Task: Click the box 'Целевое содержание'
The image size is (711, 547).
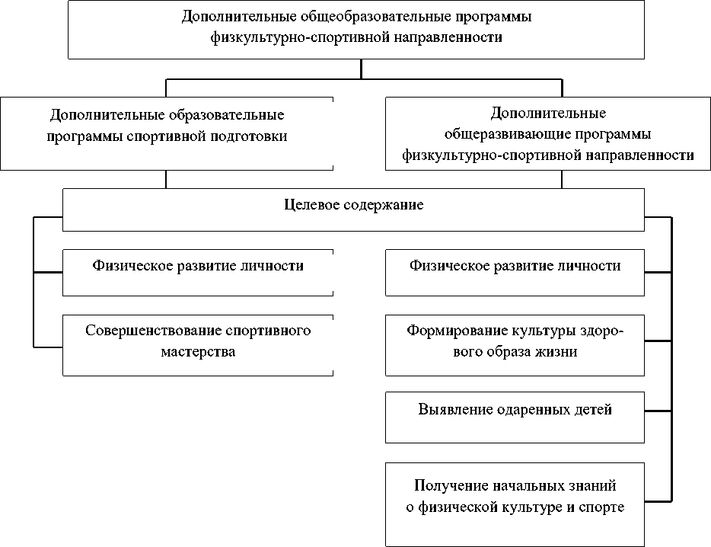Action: [x=353, y=210]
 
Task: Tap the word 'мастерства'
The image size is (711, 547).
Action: [x=198, y=352]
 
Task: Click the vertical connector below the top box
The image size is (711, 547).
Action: [x=361, y=68]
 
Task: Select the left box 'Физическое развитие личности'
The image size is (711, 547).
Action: [x=198, y=273]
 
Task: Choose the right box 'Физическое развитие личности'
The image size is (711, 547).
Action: [x=515, y=273]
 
